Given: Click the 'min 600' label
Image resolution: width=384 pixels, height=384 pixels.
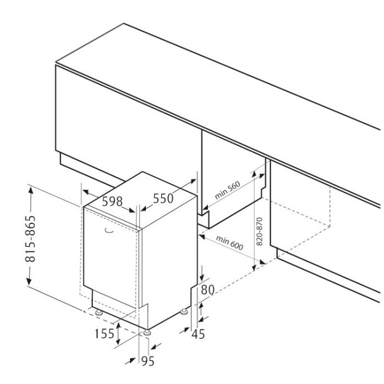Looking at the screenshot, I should (230, 242).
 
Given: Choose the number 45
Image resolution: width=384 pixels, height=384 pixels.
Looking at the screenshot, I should (198, 334).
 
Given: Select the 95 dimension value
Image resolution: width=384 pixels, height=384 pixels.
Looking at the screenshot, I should (148, 362).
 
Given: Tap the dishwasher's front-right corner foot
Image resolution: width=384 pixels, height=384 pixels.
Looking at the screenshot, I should (145, 333).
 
